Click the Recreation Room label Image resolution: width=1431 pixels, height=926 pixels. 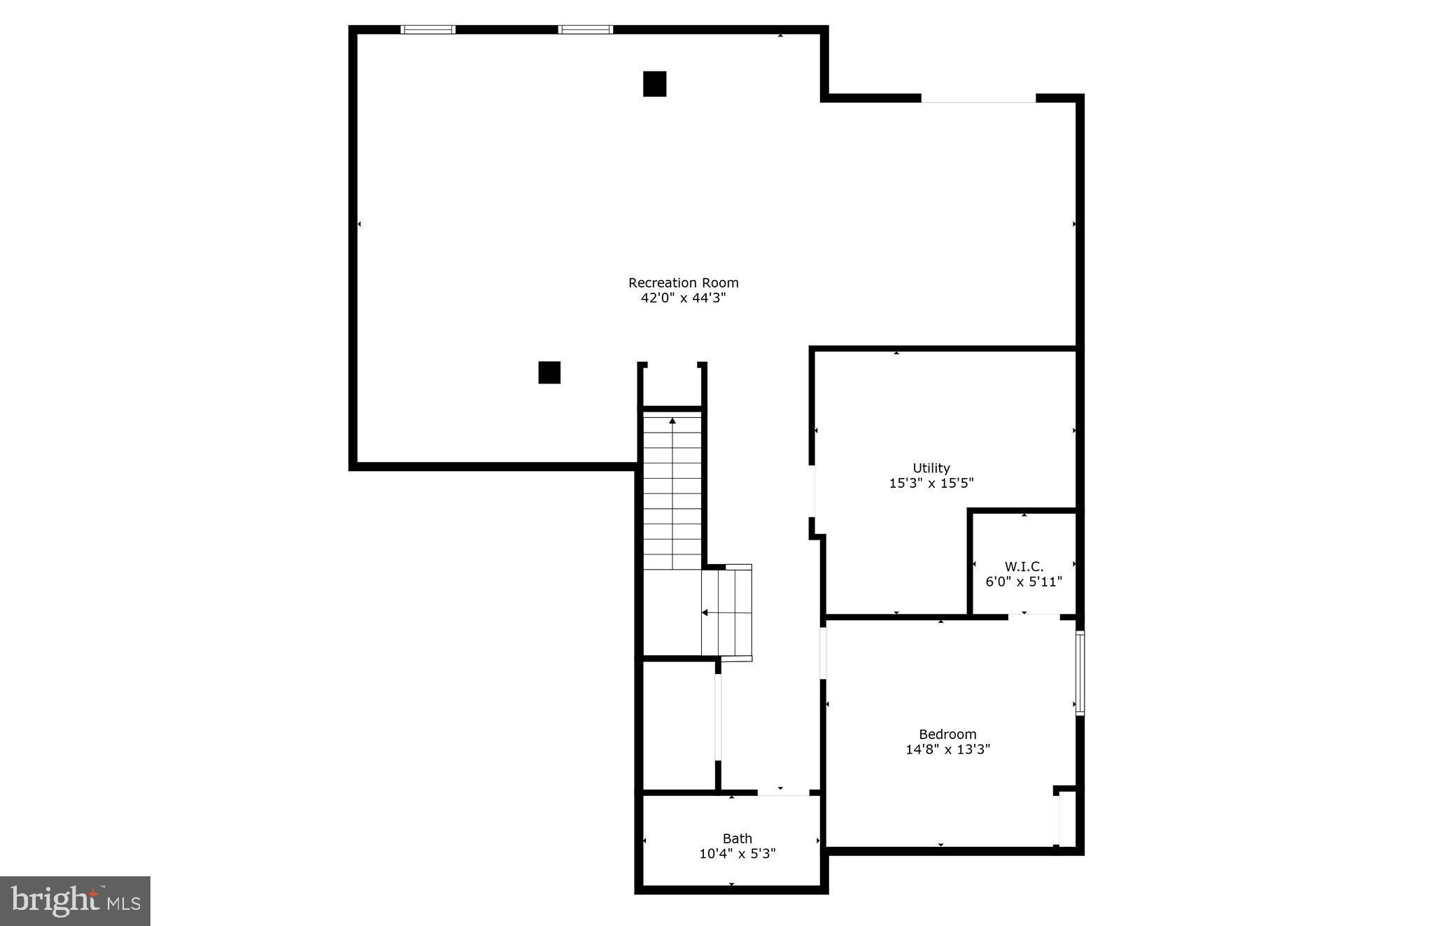point(683,283)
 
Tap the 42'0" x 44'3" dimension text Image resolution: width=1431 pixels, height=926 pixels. point(683,298)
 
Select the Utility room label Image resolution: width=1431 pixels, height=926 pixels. point(931,468)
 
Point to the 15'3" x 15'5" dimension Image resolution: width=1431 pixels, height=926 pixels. point(931,483)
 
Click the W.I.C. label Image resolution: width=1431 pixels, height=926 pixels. point(1024,566)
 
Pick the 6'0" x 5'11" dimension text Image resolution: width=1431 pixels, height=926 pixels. point(1024,582)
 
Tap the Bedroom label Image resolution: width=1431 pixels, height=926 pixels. point(947,734)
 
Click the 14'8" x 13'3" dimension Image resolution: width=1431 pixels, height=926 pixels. point(947,750)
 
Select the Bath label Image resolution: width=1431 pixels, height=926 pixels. point(738,839)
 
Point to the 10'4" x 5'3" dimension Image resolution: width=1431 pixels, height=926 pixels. point(738,854)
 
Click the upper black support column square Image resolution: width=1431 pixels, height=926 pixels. point(654,84)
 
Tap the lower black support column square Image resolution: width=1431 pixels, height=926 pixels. point(549,372)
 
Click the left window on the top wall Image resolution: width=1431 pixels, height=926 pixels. point(428,29)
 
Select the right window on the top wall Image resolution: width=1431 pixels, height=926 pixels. point(585,29)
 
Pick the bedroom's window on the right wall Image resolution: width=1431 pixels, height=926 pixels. point(1080,673)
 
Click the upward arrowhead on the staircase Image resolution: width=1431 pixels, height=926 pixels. point(672,421)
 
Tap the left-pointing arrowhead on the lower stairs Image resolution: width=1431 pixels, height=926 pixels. point(705,613)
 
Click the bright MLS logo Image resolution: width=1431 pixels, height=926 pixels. point(75,901)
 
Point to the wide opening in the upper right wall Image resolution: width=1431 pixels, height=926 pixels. point(978,99)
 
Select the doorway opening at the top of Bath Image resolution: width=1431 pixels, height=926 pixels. point(783,792)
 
